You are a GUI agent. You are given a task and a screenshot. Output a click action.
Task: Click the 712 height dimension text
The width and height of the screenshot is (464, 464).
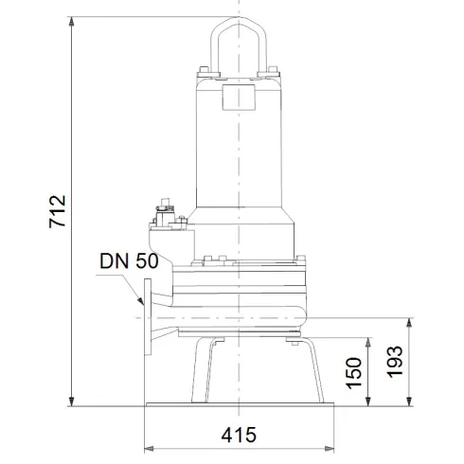coord(58,214)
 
